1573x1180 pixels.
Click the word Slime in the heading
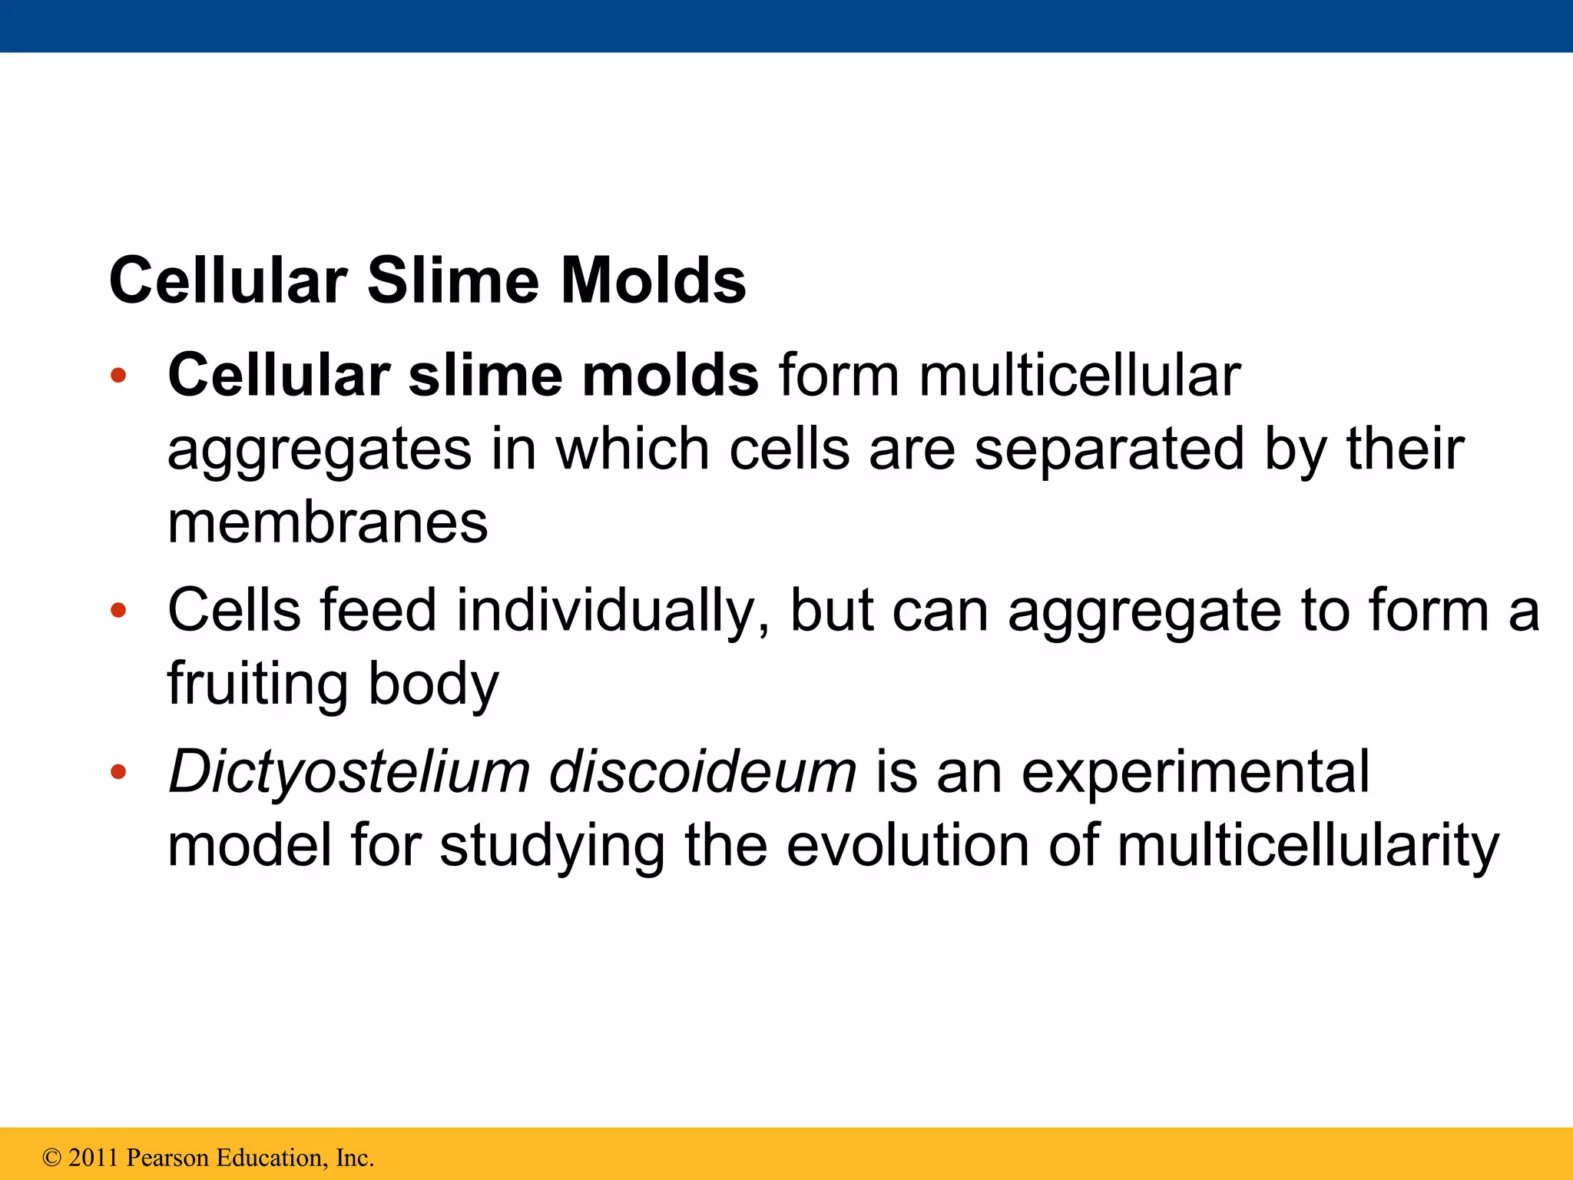coord(453,280)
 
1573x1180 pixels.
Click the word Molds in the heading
coord(653,280)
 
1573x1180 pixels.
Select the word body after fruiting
coord(433,684)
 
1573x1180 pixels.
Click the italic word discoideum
coord(702,771)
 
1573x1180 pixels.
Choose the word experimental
coord(1195,771)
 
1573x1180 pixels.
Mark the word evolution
coord(907,845)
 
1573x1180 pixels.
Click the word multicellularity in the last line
coord(1307,845)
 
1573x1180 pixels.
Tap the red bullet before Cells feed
coord(118,612)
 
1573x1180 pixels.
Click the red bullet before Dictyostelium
coord(118,772)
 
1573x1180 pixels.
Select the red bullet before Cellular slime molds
coord(118,376)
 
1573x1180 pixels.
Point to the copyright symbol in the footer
coord(51,1158)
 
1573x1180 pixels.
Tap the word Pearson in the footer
coord(167,1158)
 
